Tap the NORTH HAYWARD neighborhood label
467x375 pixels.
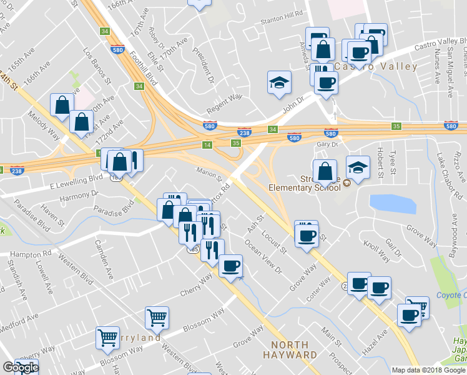pyautogui.click(x=290, y=350)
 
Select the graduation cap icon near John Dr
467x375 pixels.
pyautogui.click(x=279, y=82)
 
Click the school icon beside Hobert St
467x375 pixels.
pyautogui.click(x=358, y=167)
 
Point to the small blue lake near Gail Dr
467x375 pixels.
pyautogui.click(x=393, y=204)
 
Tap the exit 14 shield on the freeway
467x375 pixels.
pyautogui.click(x=207, y=145)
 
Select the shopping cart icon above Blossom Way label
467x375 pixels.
pyautogui.click(x=157, y=317)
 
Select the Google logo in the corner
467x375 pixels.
pyautogui.click(x=20, y=367)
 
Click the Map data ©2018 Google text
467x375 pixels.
pyautogui.click(x=428, y=370)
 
